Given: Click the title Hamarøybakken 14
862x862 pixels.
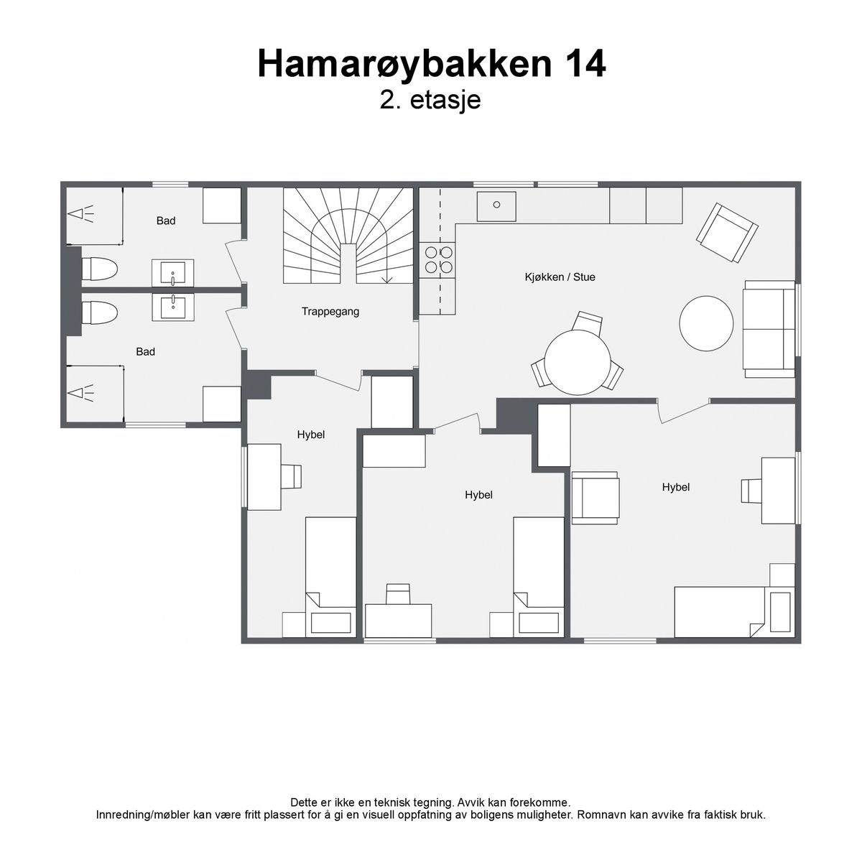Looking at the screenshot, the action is click(x=431, y=65).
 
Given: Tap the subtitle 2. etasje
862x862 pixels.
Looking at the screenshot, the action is click(x=430, y=100).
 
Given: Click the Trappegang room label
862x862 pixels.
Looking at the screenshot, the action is click(x=330, y=312).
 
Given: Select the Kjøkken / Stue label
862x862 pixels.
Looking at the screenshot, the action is click(x=560, y=277).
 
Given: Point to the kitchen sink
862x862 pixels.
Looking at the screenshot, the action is click(x=496, y=206).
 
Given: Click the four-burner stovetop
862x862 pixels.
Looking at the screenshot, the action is click(x=438, y=260).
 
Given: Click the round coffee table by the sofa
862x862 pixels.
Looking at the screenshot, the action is click(x=706, y=323).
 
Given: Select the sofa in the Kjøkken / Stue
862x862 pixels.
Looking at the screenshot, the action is click(x=769, y=329).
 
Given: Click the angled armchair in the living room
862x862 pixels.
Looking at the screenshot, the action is click(x=727, y=233).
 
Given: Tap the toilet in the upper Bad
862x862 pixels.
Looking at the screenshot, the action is click(x=99, y=269).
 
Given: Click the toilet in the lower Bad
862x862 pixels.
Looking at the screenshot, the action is click(x=99, y=312).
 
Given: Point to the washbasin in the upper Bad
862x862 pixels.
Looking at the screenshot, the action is click(x=172, y=272).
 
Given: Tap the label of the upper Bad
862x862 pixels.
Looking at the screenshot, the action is click(x=165, y=221).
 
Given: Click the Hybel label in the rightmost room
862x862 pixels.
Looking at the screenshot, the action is click(x=675, y=487).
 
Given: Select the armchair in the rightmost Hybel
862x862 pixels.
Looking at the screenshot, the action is click(x=595, y=497).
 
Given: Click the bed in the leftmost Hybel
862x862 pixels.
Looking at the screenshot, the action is click(x=330, y=577).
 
